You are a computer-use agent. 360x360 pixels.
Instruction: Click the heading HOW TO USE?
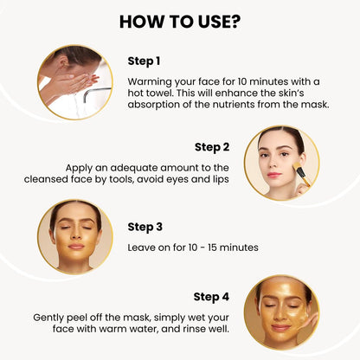[x=180, y=22]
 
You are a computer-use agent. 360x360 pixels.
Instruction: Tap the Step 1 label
[x=144, y=61]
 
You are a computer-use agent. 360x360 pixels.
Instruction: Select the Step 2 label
[x=212, y=147]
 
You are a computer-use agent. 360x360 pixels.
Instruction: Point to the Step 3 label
[x=145, y=228]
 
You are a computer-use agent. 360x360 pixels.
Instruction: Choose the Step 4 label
[x=211, y=297]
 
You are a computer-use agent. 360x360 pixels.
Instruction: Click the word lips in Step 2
[x=221, y=180]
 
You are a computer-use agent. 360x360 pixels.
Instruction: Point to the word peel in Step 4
[x=77, y=318]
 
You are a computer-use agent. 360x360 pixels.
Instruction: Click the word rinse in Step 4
[x=196, y=329]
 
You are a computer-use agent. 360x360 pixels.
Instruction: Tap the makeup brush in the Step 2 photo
[x=301, y=174]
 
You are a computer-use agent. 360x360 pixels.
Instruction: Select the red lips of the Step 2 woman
[x=273, y=175]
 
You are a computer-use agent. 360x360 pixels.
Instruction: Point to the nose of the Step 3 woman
[x=75, y=235]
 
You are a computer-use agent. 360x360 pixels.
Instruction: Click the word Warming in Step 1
[x=150, y=82]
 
